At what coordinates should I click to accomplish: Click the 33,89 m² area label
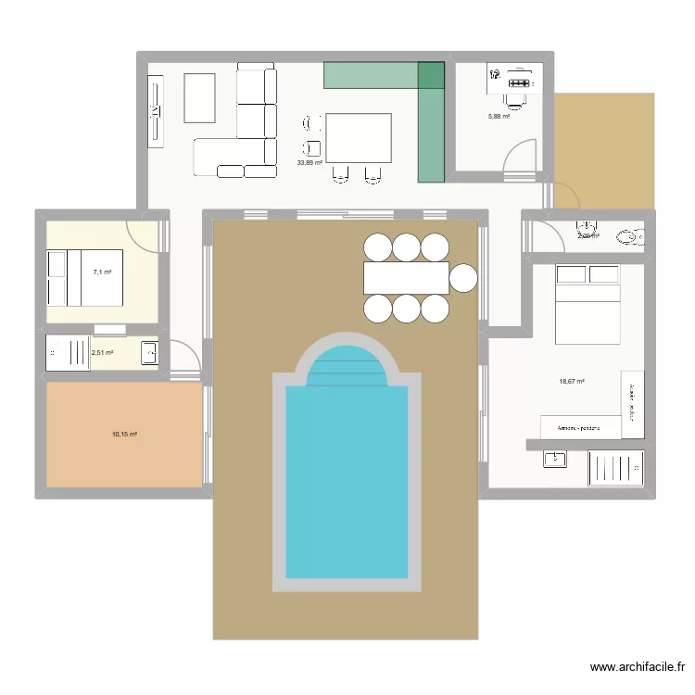(x=310, y=162)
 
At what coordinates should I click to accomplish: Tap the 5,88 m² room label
(x=499, y=116)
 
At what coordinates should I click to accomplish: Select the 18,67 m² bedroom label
(x=572, y=381)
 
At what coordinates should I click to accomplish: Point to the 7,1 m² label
(x=102, y=272)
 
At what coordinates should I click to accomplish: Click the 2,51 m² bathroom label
(x=102, y=352)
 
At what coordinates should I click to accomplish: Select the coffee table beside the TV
(x=199, y=97)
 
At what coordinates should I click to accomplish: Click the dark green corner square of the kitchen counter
(x=431, y=75)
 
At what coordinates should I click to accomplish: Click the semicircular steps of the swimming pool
(x=347, y=367)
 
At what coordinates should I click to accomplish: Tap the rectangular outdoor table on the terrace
(x=406, y=277)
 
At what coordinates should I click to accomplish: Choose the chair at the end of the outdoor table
(x=462, y=277)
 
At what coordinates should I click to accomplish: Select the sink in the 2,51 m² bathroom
(x=148, y=352)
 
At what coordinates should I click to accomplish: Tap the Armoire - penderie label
(x=580, y=428)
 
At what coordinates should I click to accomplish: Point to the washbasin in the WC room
(x=587, y=227)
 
